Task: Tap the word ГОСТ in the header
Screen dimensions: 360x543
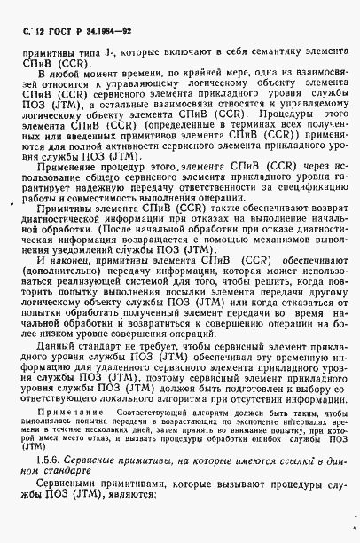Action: (x=63, y=34)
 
